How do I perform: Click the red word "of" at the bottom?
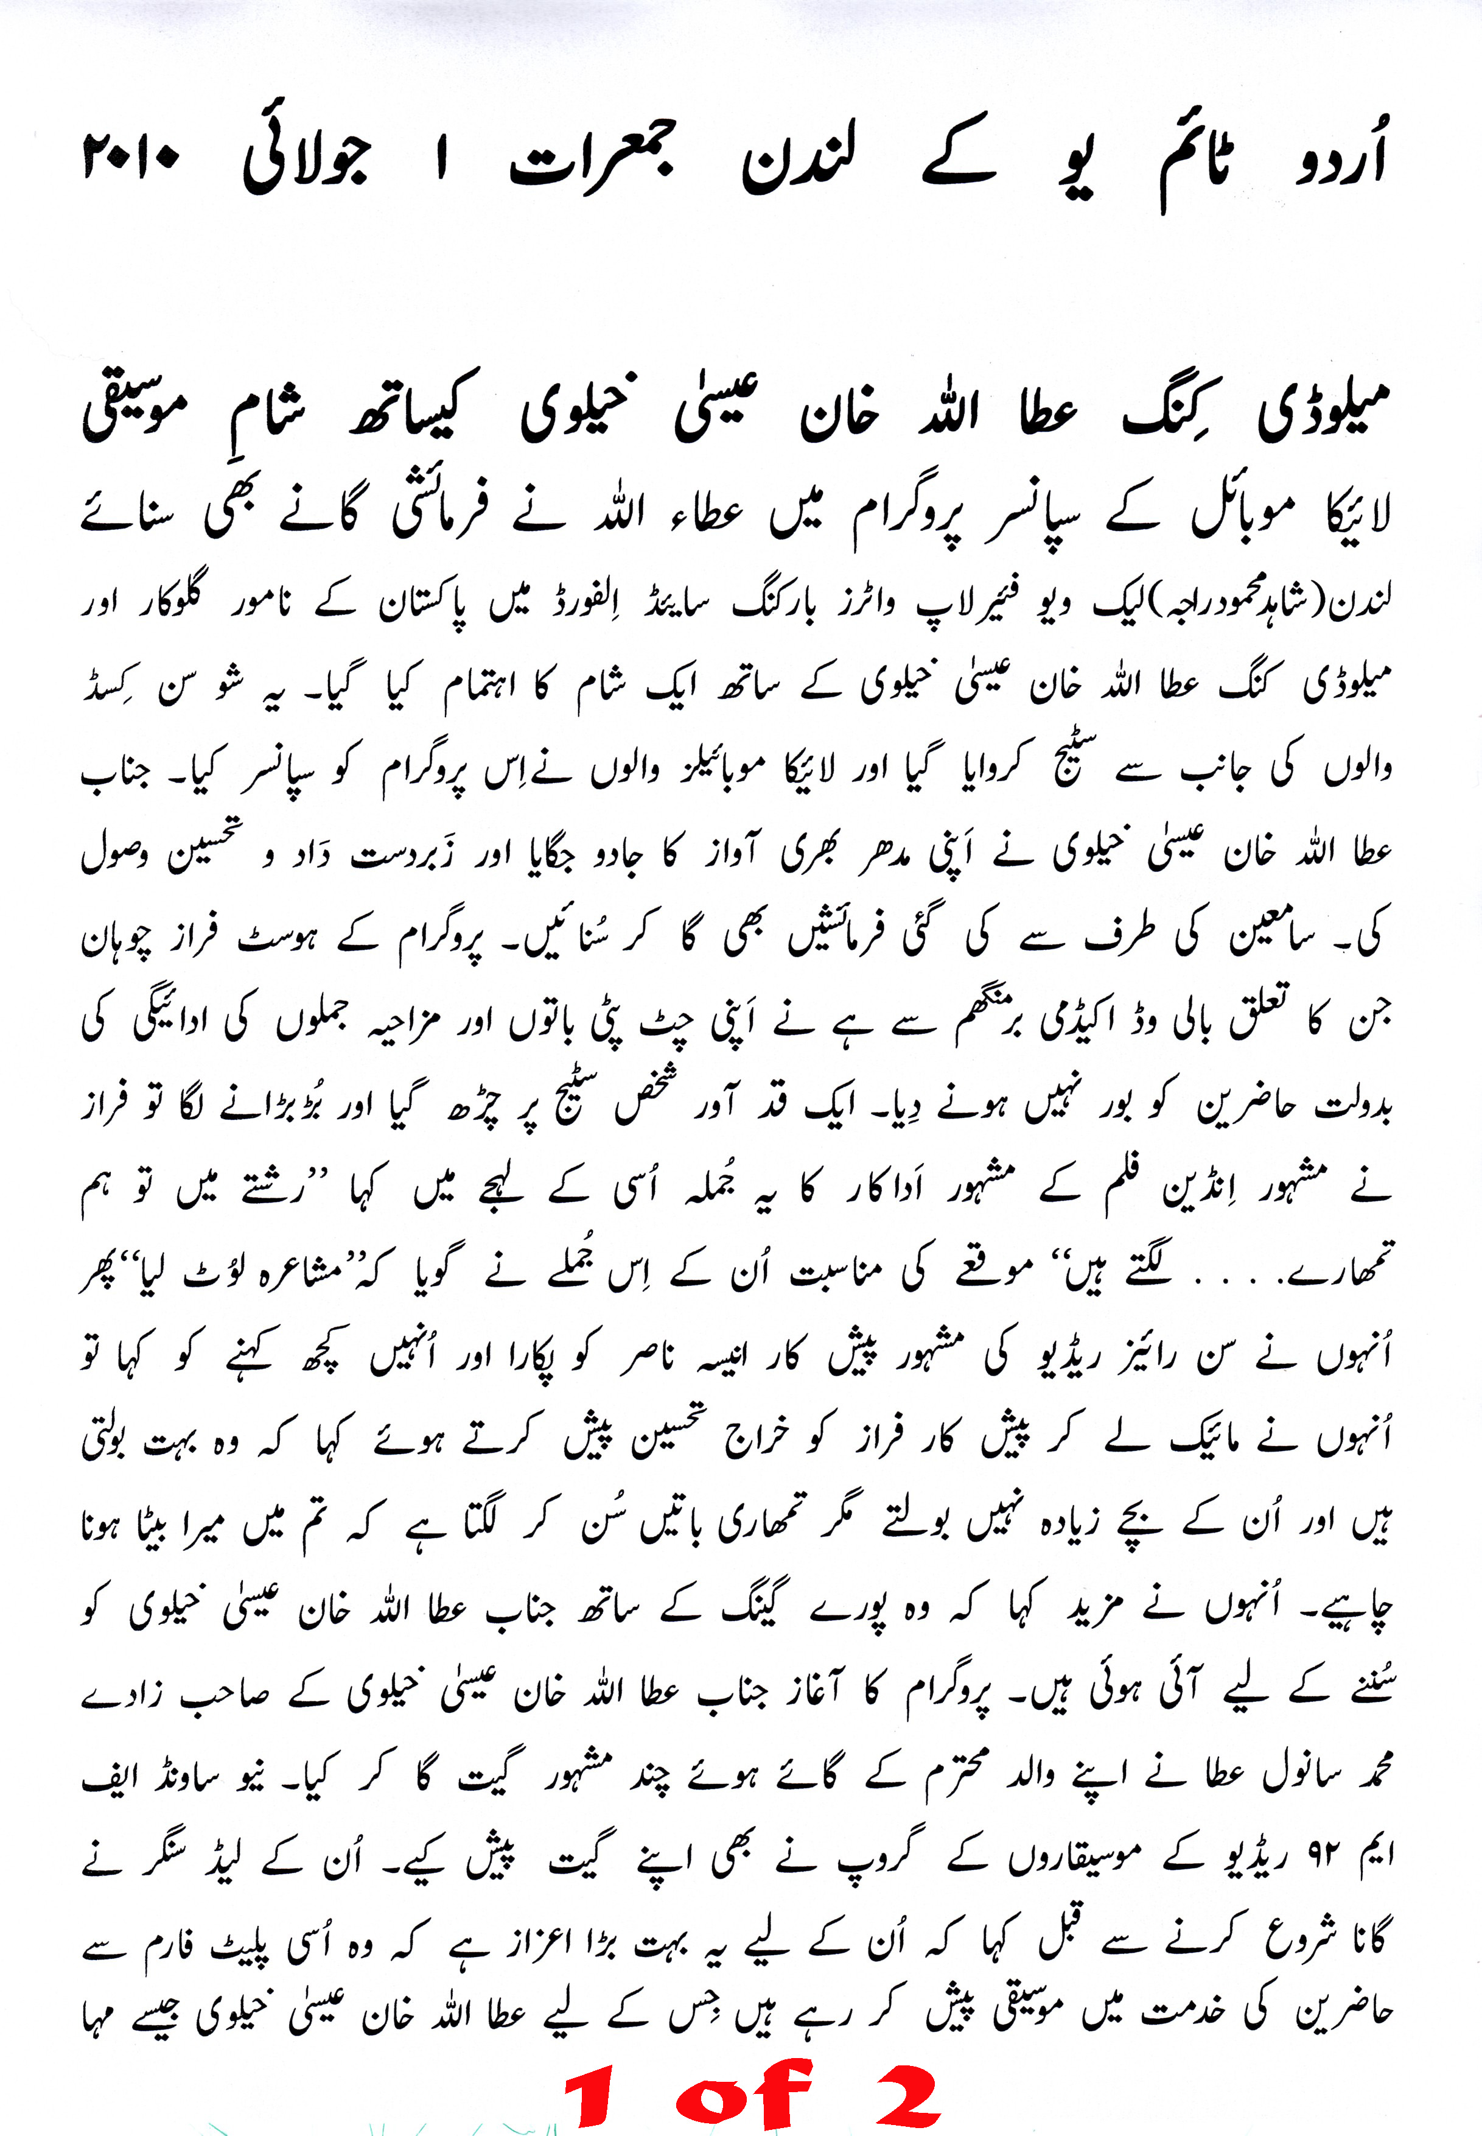pyautogui.click(x=743, y=2093)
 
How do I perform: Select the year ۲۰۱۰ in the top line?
pyautogui.click(x=131, y=158)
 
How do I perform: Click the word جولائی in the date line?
pyautogui.click(x=306, y=163)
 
